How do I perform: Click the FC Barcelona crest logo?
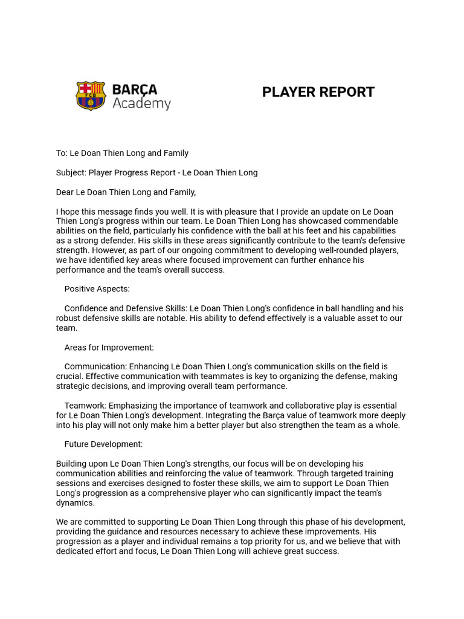91,96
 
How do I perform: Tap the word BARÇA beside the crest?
135,89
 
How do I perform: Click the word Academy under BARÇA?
141,104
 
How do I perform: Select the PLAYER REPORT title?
318,92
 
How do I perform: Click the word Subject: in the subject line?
71,173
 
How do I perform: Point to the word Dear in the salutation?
65,192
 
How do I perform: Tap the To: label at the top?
62,154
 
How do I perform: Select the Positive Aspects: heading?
97,289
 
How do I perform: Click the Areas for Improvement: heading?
109,348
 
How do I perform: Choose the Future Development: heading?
103,444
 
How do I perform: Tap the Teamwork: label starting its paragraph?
86,406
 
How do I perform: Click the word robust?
69,319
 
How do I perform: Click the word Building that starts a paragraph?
71,464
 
